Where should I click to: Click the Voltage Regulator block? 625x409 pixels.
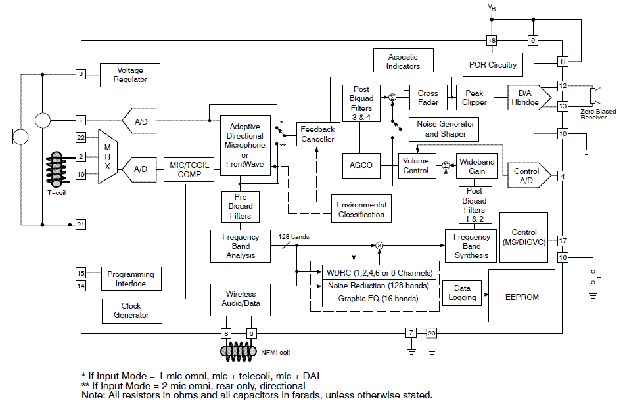(x=129, y=75)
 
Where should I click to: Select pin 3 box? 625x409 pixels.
(x=81, y=74)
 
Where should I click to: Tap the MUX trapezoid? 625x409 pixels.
(x=107, y=156)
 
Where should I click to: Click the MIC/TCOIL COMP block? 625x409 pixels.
(x=189, y=169)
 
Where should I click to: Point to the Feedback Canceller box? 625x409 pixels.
(x=317, y=134)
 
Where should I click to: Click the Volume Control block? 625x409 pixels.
(x=416, y=165)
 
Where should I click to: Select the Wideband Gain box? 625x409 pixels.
(x=476, y=166)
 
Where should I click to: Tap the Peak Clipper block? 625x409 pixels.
(x=475, y=98)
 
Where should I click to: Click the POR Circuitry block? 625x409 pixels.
(x=493, y=65)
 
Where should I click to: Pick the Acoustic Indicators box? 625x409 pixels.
(x=404, y=62)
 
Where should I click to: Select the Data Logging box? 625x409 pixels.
(x=462, y=293)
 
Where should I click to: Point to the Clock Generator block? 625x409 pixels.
(x=131, y=311)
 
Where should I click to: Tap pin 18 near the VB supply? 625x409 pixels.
(x=492, y=41)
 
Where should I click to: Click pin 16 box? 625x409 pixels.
(x=563, y=257)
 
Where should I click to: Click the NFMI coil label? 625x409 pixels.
(x=275, y=353)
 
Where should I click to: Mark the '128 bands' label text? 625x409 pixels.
(x=293, y=236)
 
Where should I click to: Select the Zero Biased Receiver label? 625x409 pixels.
(x=598, y=114)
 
